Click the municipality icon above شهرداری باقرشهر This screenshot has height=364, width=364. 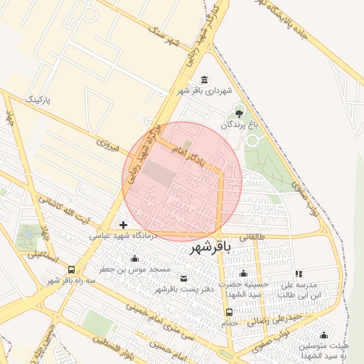[x=205, y=79]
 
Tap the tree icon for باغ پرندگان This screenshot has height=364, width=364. [x=239, y=112]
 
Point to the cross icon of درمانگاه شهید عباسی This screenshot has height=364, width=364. [x=123, y=225]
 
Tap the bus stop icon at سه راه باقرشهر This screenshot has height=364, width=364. [x=71, y=269]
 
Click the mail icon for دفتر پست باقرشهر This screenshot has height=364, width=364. [x=185, y=278]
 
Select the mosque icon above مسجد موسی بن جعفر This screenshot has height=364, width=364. [x=134, y=259]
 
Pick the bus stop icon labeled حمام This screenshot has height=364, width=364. [x=228, y=312]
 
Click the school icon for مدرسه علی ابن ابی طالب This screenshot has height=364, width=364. [x=299, y=273]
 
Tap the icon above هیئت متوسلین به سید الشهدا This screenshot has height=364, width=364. [x=323, y=335]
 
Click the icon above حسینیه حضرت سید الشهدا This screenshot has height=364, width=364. [x=244, y=274]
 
